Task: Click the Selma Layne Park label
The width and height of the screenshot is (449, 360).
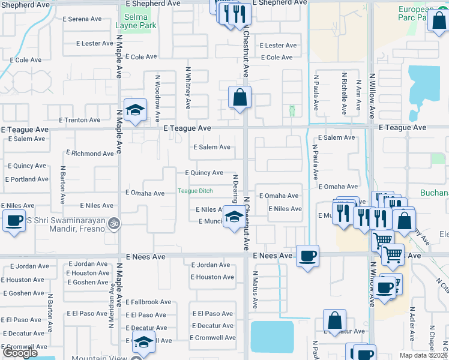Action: point(136,22)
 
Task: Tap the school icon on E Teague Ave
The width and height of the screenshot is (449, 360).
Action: point(136,110)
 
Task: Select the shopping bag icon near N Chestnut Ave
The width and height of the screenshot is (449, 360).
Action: point(240,98)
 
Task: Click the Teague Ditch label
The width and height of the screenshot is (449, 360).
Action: point(195,191)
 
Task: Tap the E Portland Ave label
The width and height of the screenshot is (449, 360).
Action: point(26,179)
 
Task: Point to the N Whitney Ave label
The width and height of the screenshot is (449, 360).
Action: point(188,88)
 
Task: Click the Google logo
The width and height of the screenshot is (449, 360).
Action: point(20,353)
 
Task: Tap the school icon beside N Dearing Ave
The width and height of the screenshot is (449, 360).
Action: point(233,217)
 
